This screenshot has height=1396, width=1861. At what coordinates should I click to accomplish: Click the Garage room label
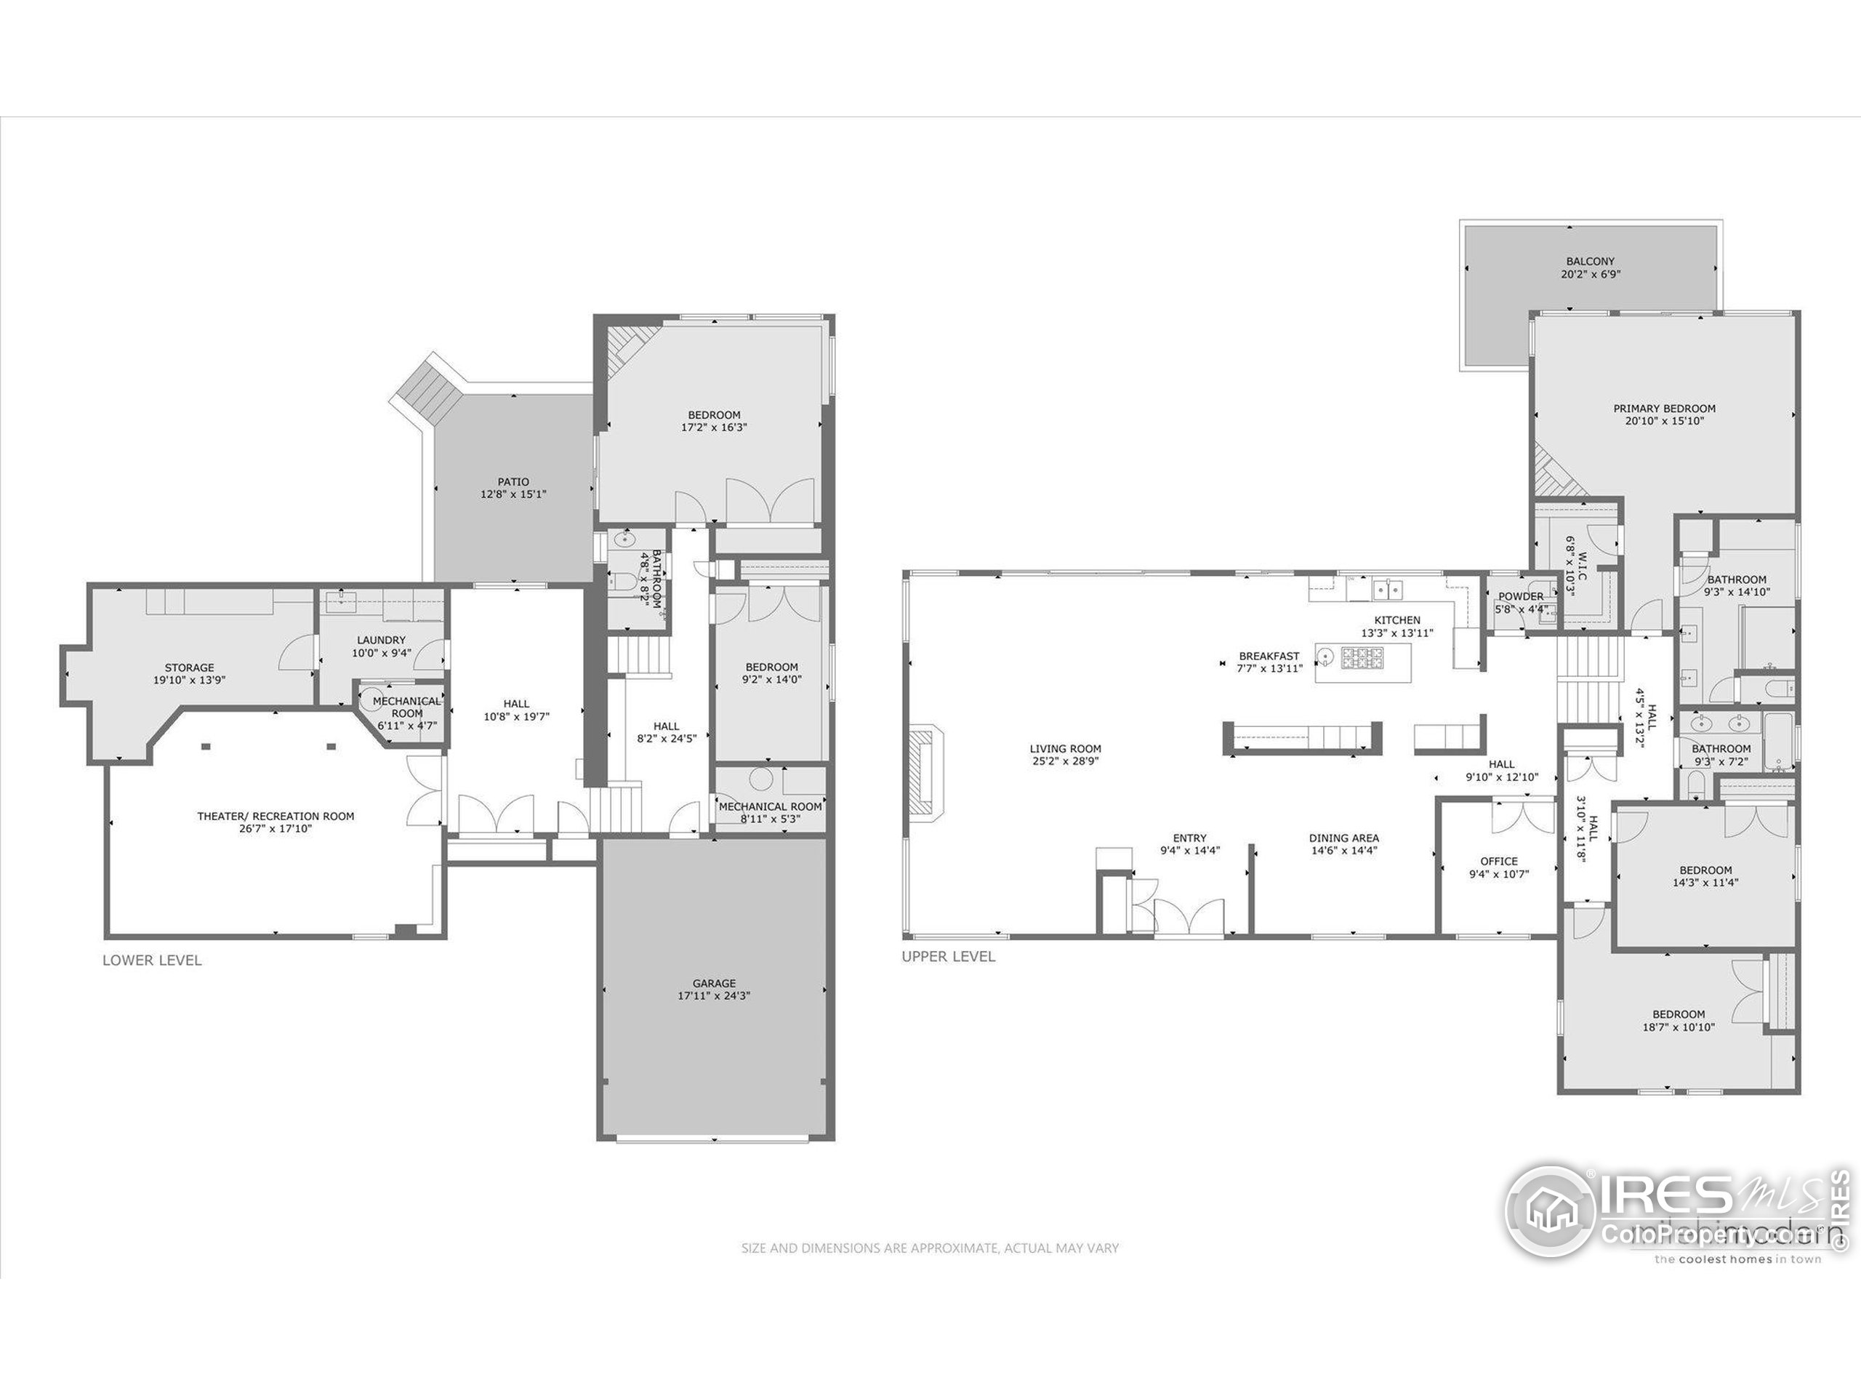click(713, 983)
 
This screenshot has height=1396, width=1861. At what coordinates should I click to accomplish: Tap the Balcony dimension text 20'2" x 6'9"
click(1590, 274)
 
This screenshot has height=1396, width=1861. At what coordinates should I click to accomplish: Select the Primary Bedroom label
click(1664, 409)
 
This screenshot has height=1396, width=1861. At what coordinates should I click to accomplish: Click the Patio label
click(513, 482)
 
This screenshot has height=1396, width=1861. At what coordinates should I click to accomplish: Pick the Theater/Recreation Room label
click(275, 817)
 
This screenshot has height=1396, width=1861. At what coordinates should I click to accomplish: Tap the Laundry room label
click(381, 641)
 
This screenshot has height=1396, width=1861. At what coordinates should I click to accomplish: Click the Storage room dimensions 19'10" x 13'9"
click(189, 680)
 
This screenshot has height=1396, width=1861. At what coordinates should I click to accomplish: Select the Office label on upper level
click(1498, 861)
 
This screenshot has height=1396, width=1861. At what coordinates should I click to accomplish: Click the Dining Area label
click(1343, 838)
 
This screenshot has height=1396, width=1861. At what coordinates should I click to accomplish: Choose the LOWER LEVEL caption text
click(151, 960)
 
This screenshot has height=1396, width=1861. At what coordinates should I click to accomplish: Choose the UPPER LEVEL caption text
click(948, 957)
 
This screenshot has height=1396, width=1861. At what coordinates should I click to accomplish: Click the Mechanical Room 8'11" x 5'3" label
click(770, 806)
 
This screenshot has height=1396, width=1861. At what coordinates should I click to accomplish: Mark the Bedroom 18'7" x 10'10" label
click(1679, 1015)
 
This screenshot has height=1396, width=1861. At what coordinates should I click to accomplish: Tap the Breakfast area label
click(1269, 657)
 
